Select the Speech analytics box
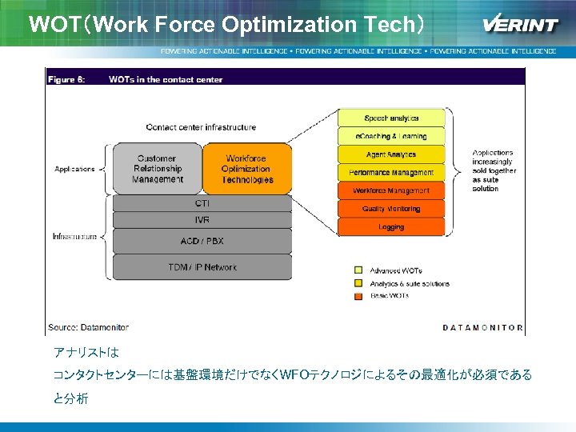point(391,118)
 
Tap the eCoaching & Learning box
point(391,137)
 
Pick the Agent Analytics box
point(391,154)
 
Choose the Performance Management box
point(391,173)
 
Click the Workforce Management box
point(391,191)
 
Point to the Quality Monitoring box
point(391,209)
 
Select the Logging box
point(391,227)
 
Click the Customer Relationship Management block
point(157,169)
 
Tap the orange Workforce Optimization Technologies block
point(246,169)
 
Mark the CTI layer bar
point(202,203)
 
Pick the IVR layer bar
point(202,219)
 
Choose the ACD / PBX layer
point(202,241)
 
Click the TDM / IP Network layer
point(202,266)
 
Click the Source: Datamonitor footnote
point(88,327)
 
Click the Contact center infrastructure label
point(201,127)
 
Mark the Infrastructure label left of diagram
point(74,237)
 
